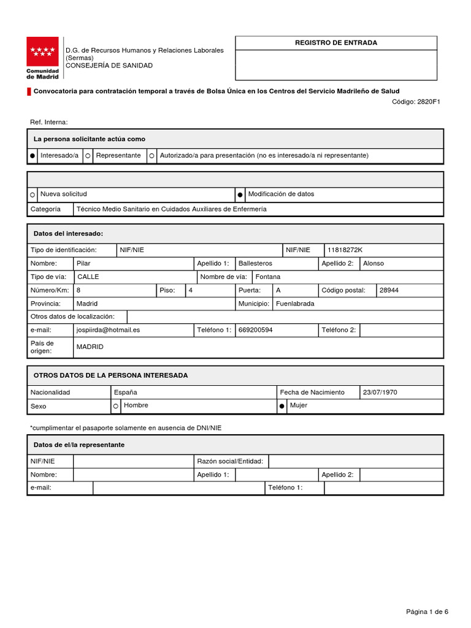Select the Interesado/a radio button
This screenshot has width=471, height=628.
click(33, 156)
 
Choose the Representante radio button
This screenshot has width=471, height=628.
click(88, 156)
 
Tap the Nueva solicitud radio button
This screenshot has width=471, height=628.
click(33, 194)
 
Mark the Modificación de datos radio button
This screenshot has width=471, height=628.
click(240, 194)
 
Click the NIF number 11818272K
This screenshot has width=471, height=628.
click(345, 250)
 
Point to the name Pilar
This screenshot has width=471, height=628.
click(83, 263)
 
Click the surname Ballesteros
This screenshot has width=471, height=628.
click(255, 263)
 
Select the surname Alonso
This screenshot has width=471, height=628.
click(373, 263)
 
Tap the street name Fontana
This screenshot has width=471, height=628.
click(268, 277)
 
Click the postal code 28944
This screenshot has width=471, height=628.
click(389, 290)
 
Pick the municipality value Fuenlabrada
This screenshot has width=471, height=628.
click(295, 304)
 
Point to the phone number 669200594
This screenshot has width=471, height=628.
click(256, 330)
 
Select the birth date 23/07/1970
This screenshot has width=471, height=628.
click(384, 392)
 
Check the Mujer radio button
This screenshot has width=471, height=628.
click(282, 407)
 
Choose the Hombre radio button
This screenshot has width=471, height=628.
click(115, 407)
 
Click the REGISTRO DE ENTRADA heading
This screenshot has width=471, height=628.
click(336, 43)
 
